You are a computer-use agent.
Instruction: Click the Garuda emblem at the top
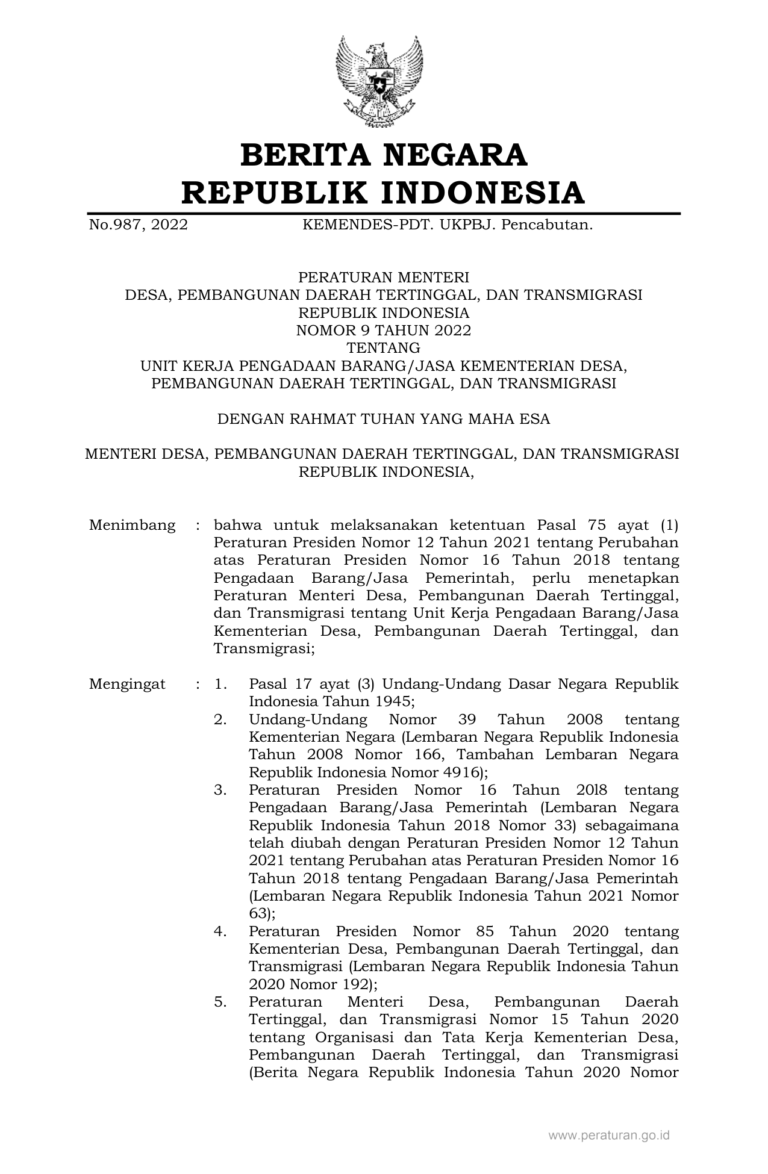379,81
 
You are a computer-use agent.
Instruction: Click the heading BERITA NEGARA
384,155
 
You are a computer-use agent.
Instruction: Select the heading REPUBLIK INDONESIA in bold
383,193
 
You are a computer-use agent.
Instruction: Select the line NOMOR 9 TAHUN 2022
383,331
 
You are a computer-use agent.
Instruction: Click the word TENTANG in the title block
383,348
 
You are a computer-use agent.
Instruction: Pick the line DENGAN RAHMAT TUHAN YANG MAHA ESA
383,419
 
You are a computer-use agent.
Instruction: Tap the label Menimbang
132,525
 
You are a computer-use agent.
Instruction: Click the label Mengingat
127,685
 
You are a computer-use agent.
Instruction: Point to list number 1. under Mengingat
220,685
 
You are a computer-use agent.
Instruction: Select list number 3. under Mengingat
220,790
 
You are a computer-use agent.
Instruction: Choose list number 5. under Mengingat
220,1002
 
